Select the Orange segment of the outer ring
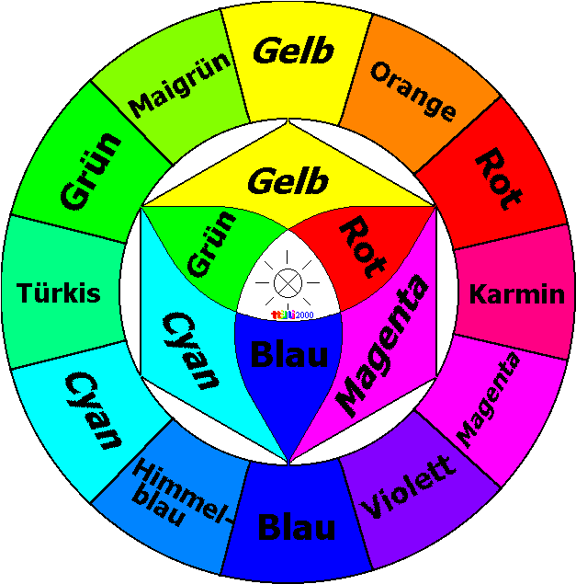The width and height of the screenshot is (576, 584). tap(412, 91)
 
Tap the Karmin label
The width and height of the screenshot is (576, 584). tap(516, 294)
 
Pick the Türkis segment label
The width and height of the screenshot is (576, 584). tap(59, 294)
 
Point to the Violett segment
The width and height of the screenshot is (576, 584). tap(409, 487)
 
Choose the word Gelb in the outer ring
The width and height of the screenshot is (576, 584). tap(293, 52)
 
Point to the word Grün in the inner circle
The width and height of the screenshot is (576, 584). tap(211, 243)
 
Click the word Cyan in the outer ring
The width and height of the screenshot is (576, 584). tap(93, 410)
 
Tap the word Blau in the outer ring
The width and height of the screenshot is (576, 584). tap(296, 529)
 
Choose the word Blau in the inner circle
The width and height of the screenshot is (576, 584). tap(289, 354)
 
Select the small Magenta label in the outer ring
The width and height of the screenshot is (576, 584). tap(489, 400)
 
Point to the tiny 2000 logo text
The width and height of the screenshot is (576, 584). tap(303, 315)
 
